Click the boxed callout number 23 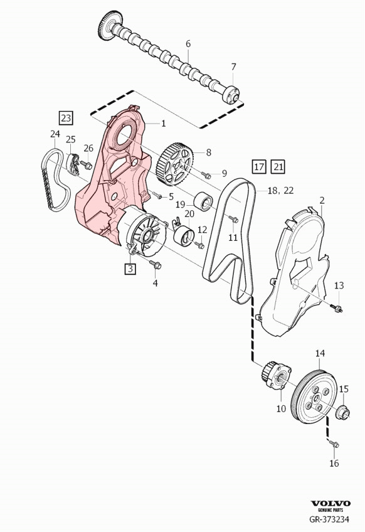[x=66, y=117]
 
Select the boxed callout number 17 [x=258, y=166]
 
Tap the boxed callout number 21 [x=278, y=166]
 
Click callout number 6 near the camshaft [x=188, y=43]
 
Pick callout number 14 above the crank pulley [x=320, y=354]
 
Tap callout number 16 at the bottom [x=334, y=463]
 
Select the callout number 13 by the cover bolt [x=339, y=285]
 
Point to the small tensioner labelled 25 [x=71, y=165]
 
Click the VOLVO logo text [x=332, y=503]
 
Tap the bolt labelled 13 [x=337, y=307]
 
